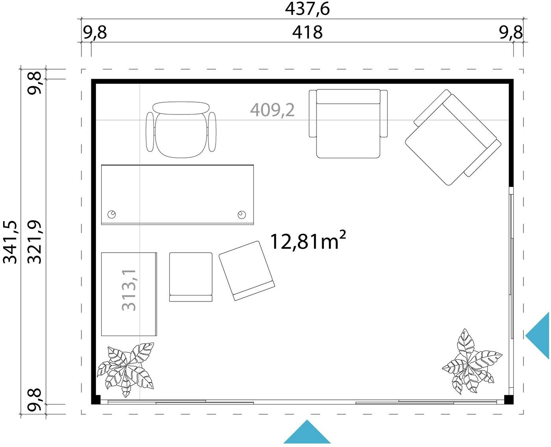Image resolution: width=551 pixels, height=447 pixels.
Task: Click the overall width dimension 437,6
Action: pyautogui.click(x=307, y=9)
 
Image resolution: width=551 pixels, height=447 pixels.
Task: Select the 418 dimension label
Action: pyautogui.click(x=307, y=33)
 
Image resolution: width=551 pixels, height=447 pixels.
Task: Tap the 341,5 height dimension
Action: pyautogui.click(x=10, y=242)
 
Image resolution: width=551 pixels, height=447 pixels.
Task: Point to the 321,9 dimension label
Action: pyautogui.click(x=35, y=242)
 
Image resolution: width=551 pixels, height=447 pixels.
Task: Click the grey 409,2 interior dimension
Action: pyautogui.click(x=272, y=110)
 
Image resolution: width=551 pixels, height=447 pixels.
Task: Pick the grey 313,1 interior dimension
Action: pyautogui.click(x=129, y=290)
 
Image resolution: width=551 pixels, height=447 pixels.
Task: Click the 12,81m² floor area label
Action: pyautogui.click(x=308, y=241)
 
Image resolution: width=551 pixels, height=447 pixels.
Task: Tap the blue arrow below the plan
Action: pyautogui.click(x=307, y=432)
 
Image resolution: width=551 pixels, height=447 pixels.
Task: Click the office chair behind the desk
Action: pyautogui.click(x=181, y=129)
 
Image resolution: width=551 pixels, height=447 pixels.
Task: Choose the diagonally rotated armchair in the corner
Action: pyautogui.click(x=453, y=137)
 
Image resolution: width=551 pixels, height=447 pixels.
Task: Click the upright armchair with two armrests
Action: pyautogui.click(x=348, y=124)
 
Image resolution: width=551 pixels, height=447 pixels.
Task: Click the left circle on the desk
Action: pyautogui.click(x=112, y=214)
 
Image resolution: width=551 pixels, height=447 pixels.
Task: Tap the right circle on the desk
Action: pyautogui.click(x=242, y=214)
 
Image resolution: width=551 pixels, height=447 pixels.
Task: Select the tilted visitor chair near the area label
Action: pyautogui.click(x=247, y=271)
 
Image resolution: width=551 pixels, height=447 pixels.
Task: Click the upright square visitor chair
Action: pyautogui.click(x=191, y=277)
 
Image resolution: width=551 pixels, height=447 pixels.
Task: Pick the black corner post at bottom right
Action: pyautogui.click(x=509, y=400)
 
